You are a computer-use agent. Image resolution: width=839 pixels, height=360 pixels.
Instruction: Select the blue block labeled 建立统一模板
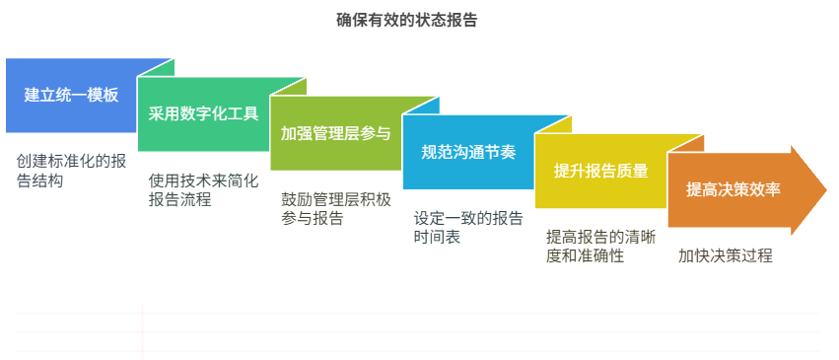click(x=71, y=96)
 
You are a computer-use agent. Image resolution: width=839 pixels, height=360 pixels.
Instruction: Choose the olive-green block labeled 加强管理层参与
click(x=335, y=133)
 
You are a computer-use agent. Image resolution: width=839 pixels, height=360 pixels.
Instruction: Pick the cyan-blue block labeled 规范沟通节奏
click(x=467, y=152)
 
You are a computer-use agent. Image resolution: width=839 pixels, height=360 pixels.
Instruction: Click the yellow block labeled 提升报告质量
click(x=600, y=171)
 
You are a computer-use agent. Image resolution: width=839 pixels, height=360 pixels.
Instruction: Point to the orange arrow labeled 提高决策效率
click(x=734, y=189)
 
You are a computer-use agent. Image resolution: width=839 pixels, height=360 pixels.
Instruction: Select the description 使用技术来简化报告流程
click(x=203, y=189)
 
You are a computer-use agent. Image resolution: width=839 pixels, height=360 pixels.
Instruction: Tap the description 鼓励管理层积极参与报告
click(x=335, y=208)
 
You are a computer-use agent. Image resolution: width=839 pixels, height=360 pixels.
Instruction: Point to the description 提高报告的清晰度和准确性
click(x=600, y=247)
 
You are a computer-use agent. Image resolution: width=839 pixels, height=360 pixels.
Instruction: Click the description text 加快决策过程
click(x=725, y=255)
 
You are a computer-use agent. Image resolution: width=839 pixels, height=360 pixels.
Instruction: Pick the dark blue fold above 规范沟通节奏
click(x=424, y=107)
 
